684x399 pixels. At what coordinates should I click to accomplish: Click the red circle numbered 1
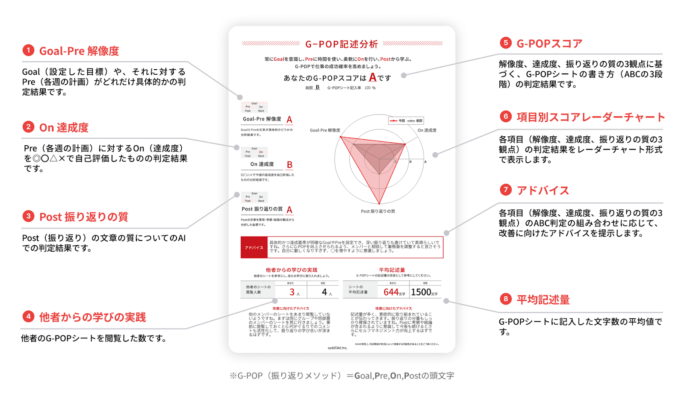[28, 50]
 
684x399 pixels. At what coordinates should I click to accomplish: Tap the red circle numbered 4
[28, 317]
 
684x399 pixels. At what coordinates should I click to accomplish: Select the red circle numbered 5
[506, 43]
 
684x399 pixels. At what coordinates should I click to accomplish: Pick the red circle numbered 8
[506, 299]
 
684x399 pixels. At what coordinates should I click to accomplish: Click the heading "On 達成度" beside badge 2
[64, 127]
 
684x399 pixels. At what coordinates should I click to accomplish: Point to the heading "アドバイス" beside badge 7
[543, 191]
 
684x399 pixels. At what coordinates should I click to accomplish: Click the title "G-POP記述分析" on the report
[342, 44]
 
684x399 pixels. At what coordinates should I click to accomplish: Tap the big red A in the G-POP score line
[373, 77]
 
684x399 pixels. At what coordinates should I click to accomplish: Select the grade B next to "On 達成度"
[289, 165]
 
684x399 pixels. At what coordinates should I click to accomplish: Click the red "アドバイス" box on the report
[254, 247]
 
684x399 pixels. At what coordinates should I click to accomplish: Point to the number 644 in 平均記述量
[391, 292]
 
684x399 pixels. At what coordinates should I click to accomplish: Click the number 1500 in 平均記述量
[421, 292]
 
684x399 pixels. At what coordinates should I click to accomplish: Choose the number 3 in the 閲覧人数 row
[292, 292]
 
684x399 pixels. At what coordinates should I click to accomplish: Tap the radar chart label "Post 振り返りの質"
[378, 211]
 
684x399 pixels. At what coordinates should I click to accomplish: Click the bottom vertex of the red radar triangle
[379, 204]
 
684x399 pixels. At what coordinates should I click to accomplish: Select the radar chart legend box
[406, 121]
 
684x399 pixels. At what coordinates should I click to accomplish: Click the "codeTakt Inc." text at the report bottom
[338, 348]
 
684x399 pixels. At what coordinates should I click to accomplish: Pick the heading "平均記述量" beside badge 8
[543, 299]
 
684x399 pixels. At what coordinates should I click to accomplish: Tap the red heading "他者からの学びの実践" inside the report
[292, 270]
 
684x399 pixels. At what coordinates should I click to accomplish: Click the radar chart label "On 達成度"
[427, 130]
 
